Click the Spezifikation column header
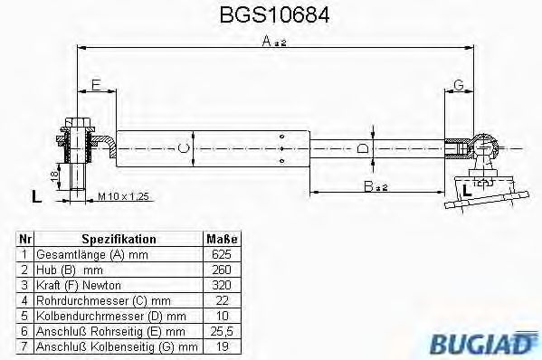coord(119,240)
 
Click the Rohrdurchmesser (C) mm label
coord(101,300)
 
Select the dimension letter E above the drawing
coord(94,86)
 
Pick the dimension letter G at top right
coord(459,85)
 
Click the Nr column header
coord(24,240)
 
